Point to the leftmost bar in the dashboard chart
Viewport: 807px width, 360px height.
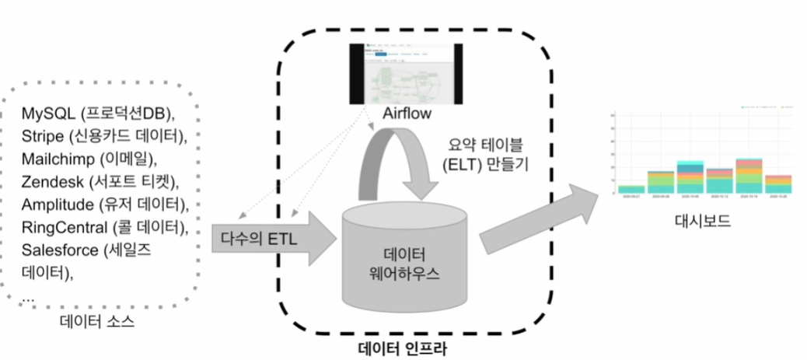pos(631,189)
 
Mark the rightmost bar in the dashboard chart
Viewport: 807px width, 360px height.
pos(778,183)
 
